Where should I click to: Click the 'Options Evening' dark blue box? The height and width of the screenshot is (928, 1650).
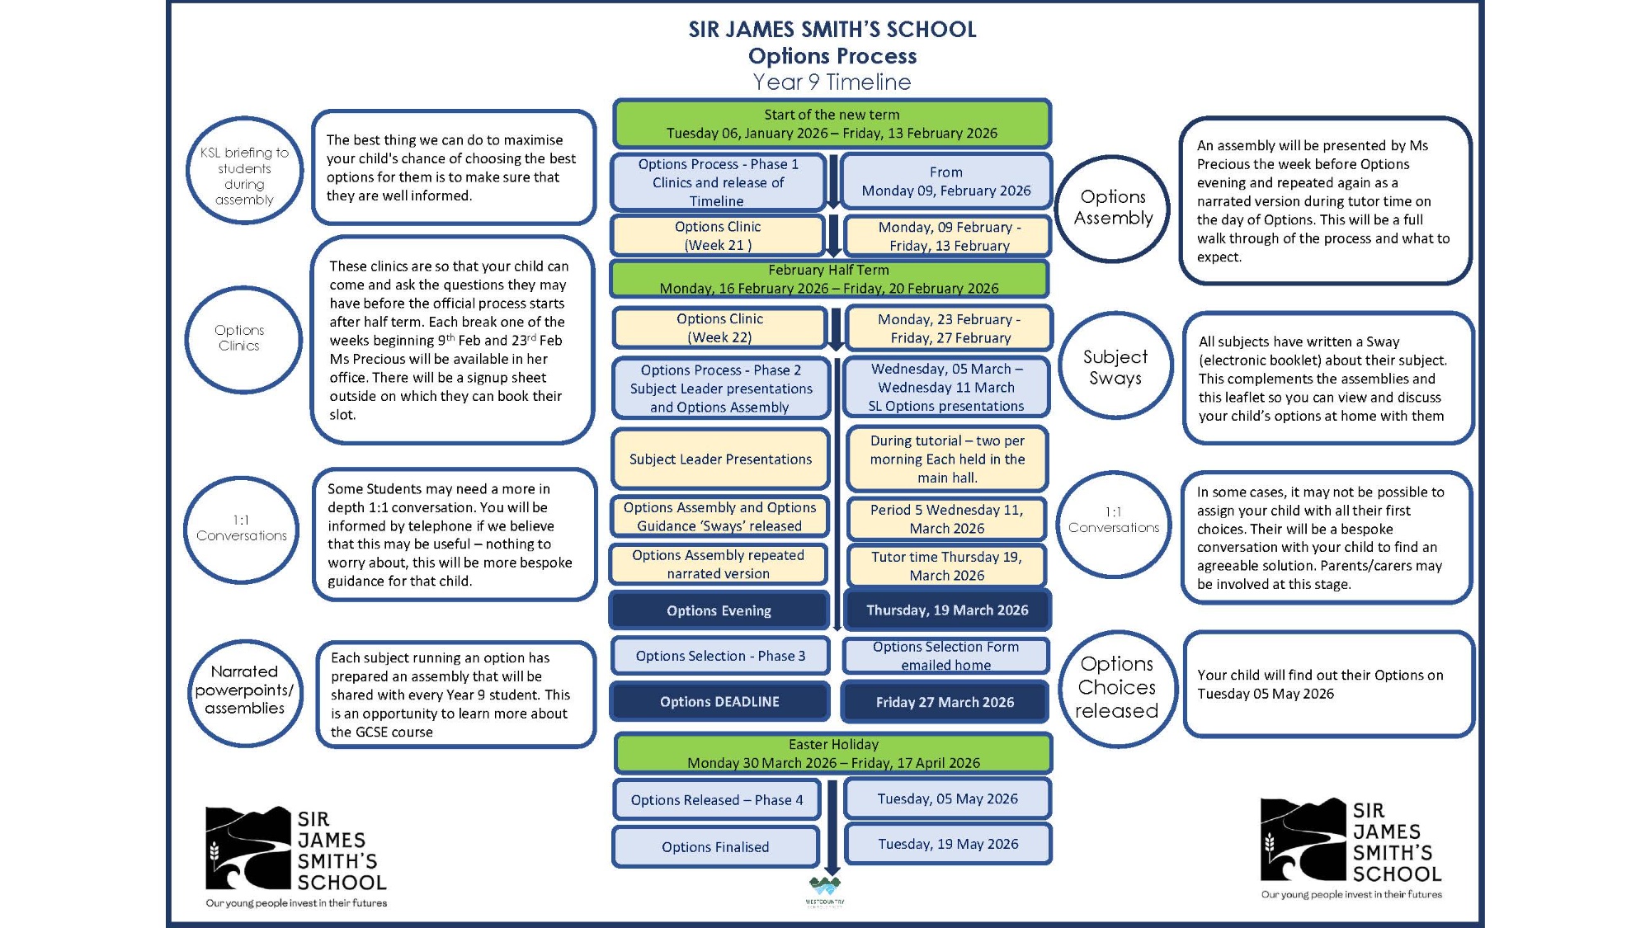pos(719,610)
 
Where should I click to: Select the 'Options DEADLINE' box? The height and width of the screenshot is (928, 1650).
pos(719,702)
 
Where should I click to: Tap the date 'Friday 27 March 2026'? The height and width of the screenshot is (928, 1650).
pos(945,702)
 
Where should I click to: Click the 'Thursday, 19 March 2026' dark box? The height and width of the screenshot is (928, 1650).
pos(947,610)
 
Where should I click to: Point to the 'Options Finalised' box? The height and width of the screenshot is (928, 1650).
pos(715,847)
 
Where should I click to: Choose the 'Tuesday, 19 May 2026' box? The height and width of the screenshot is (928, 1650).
pos(948,844)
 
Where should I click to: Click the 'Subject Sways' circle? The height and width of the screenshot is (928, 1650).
pos(1115,367)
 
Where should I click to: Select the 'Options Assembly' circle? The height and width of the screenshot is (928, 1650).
pos(1113,208)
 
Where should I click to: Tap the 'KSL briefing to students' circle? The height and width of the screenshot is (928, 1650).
pos(244,172)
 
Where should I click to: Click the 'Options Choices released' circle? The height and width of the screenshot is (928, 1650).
pos(1117,688)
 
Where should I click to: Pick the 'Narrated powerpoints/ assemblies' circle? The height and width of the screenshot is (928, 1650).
pos(244,690)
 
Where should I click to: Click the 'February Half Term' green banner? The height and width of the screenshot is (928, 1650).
pos(829,279)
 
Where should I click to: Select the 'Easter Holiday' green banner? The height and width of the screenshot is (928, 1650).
pos(833,753)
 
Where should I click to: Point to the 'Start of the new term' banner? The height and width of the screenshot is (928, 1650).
pos(832,124)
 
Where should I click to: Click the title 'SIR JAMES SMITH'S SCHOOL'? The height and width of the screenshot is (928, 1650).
pos(832,30)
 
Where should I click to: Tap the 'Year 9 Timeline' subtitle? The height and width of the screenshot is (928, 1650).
pos(832,82)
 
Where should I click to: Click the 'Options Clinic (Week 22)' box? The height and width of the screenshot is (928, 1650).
pos(719,328)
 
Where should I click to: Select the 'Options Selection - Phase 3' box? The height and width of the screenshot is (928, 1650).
pos(720,656)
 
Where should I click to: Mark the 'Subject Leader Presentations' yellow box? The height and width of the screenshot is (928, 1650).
pos(720,459)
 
